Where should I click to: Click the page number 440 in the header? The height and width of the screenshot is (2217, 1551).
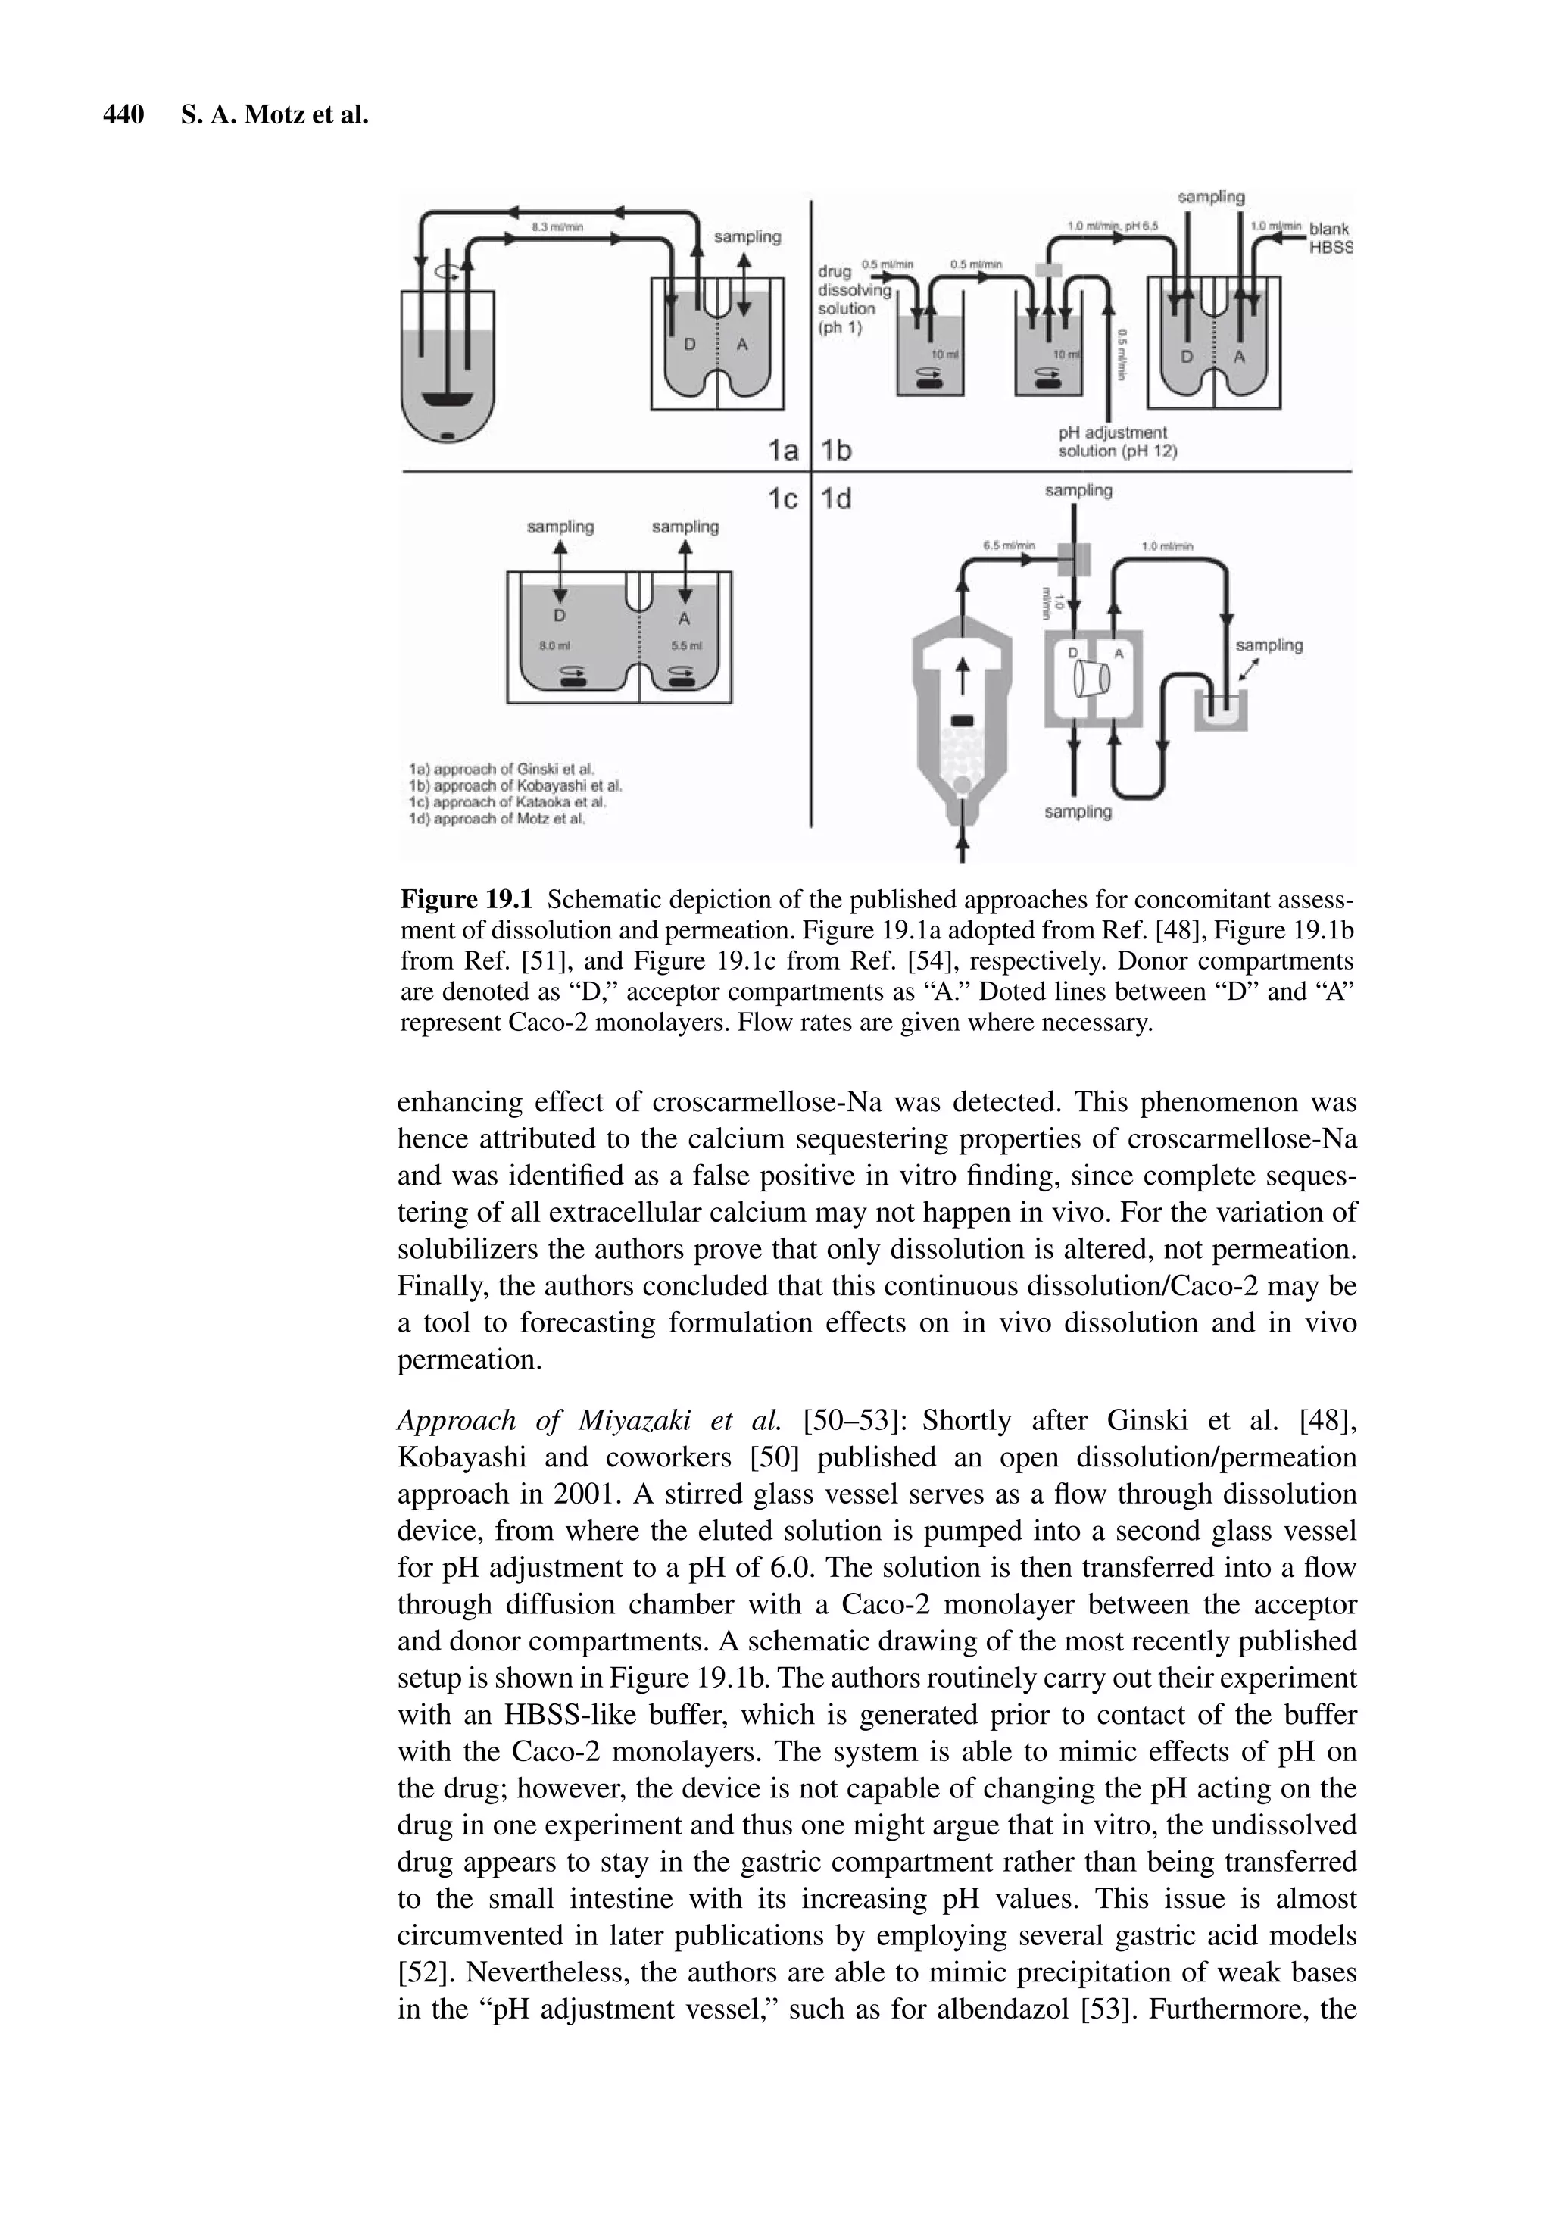123,116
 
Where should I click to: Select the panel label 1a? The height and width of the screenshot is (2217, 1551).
782,450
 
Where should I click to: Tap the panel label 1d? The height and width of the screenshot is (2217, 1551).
836,500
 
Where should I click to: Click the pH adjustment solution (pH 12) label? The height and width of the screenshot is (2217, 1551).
1116,442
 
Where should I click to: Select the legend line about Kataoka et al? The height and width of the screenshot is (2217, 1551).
508,802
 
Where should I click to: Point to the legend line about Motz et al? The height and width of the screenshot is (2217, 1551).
498,819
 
